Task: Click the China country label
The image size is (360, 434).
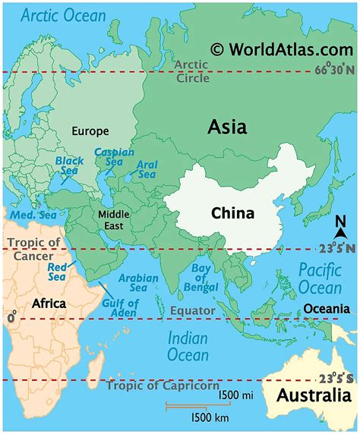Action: [233, 213]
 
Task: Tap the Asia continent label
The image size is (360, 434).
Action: [227, 127]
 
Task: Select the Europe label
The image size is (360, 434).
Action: [90, 131]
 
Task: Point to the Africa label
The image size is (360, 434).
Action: [49, 303]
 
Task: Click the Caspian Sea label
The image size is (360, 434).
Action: [109, 158]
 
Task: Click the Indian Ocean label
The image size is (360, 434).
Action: [187, 346]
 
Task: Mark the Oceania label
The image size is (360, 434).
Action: [327, 309]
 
